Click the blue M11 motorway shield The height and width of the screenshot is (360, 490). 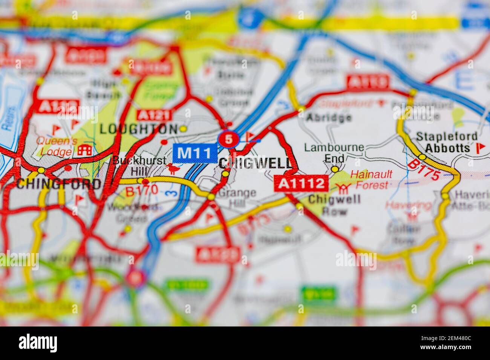click(x=194, y=153)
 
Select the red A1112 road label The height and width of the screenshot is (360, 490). click(x=301, y=183)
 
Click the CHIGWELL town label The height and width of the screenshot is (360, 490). click(x=255, y=163)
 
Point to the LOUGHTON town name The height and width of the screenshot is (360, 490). click(x=138, y=129)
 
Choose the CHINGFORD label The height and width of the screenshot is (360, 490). click(x=58, y=184)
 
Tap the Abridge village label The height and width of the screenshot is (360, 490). click(x=329, y=117)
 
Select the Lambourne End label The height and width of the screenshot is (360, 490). click(x=334, y=153)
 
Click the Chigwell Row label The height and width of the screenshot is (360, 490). click(x=334, y=205)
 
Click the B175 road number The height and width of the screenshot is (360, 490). click(x=423, y=170)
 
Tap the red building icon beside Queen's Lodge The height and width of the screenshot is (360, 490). click(x=85, y=149)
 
